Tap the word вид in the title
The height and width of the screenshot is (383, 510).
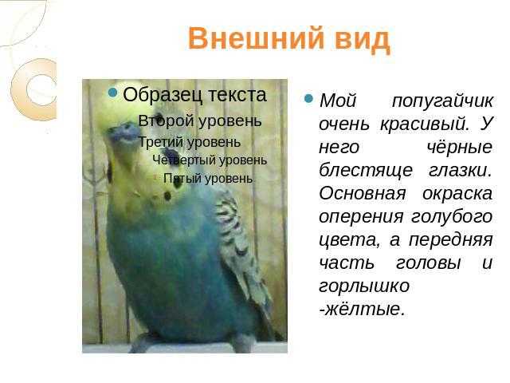(x=362, y=39)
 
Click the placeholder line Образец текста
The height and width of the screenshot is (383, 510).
(x=194, y=95)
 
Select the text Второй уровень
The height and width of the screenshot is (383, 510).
(x=199, y=121)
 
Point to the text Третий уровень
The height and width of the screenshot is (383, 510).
(x=190, y=142)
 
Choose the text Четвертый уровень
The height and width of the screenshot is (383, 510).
(x=210, y=160)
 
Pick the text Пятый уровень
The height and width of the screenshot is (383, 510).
(x=208, y=179)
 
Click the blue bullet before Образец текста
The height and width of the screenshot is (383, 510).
(x=112, y=93)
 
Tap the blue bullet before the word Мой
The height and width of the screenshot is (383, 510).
(x=308, y=98)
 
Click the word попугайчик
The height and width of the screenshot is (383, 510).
(x=442, y=101)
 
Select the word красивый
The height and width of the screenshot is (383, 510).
(x=425, y=124)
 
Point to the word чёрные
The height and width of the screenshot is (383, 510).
(x=459, y=147)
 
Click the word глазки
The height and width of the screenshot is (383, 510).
(x=460, y=171)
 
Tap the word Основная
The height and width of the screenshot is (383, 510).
(x=363, y=194)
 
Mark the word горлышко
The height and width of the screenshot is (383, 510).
(x=364, y=286)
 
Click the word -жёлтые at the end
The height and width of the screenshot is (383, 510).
(x=362, y=309)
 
